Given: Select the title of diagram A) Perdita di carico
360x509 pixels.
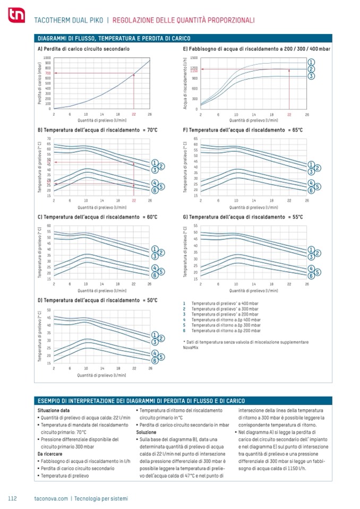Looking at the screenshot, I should pos(83,49).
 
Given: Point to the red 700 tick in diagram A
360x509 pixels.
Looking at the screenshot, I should pos(48,73).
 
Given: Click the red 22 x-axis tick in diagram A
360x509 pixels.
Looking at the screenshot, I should pos(134,114).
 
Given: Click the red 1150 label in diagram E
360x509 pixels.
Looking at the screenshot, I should pos(194,71).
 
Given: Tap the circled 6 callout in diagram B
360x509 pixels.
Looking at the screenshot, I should pos(154,190).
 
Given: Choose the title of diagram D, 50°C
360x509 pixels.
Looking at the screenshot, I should pos(97,300).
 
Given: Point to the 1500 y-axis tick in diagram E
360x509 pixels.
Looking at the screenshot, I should pos(194,57).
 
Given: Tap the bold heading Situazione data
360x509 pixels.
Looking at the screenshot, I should pos(53,410).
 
